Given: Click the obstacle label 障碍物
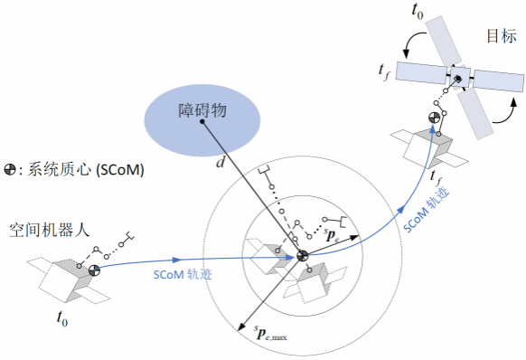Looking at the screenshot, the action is click(202, 110).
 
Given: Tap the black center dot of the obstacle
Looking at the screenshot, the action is click(202, 121).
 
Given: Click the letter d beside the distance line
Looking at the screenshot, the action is click(221, 163).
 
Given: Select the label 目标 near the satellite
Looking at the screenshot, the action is click(502, 35).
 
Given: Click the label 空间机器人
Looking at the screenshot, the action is click(50, 231).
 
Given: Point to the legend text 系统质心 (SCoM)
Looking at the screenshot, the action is click(86, 169).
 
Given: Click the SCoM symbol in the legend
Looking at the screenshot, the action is click(10, 169).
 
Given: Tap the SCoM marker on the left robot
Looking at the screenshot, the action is click(94, 270).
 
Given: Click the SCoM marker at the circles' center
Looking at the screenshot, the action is click(302, 256).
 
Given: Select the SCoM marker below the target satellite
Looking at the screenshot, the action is click(434, 118).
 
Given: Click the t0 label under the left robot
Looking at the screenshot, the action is click(62, 317).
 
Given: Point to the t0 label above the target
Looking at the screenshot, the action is click(418, 11).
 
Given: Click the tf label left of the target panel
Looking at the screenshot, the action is click(383, 71).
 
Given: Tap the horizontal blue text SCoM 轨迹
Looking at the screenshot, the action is click(183, 274).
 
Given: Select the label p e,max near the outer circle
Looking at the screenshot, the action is click(270, 333).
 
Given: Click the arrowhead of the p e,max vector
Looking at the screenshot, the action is click(240, 327).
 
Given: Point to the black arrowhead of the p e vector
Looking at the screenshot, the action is click(354, 237).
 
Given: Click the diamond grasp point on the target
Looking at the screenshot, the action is click(457, 79).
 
